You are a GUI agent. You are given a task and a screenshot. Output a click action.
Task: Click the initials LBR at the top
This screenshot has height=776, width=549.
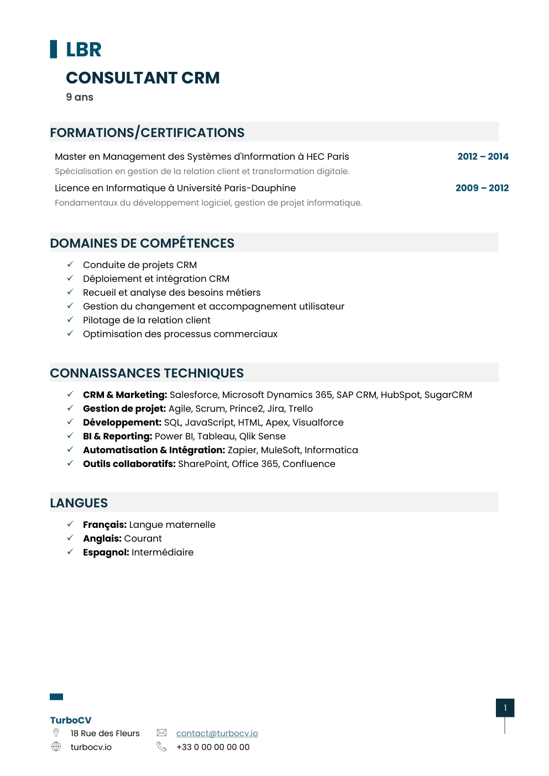click(x=83, y=50)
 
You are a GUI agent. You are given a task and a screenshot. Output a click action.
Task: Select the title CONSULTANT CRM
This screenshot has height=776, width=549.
click(x=143, y=78)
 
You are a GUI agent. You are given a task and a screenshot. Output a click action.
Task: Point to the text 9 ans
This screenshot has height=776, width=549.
click(x=80, y=97)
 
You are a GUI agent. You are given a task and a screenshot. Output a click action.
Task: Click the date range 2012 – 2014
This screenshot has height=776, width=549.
click(x=483, y=156)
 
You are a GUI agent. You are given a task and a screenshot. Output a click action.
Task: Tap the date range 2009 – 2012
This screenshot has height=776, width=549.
click(x=482, y=188)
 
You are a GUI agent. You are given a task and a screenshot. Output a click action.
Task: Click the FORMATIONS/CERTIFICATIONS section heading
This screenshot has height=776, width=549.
click(x=147, y=133)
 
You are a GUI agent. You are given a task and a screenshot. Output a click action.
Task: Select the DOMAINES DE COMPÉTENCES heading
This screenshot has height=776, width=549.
click(x=142, y=243)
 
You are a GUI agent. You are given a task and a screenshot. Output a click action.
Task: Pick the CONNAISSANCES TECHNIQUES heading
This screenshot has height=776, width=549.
click(x=147, y=373)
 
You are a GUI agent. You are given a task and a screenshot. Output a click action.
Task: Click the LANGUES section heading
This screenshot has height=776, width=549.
click(x=79, y=503)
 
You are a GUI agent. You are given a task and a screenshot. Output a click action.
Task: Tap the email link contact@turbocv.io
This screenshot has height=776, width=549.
click(x=217, y=733)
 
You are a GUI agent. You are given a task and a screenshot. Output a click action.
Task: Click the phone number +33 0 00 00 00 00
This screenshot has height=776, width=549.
click(x=213, y=747)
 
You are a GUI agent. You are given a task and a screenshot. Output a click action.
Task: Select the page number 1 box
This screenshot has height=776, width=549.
click(x=505, y=708)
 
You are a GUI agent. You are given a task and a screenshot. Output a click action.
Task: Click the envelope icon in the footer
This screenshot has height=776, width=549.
click(x=161, y=733)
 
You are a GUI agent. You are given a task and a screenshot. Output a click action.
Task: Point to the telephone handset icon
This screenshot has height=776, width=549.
click(x=161, y=747)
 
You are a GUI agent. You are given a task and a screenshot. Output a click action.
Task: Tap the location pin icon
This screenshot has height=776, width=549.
click(x=56, y=733)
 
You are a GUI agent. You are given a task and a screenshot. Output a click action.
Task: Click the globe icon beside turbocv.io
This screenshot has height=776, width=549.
click(x=56, y=747)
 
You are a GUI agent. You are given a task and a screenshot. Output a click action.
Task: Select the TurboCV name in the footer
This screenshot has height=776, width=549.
click(x=71, y=720)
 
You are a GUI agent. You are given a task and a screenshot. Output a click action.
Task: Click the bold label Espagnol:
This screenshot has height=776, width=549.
click(x=106, y=552)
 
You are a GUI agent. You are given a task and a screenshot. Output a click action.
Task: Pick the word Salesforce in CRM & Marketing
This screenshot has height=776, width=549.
click(x=194, y=395)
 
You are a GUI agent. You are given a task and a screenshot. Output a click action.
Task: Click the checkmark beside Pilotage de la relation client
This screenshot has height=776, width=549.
click(x=70, y=319)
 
